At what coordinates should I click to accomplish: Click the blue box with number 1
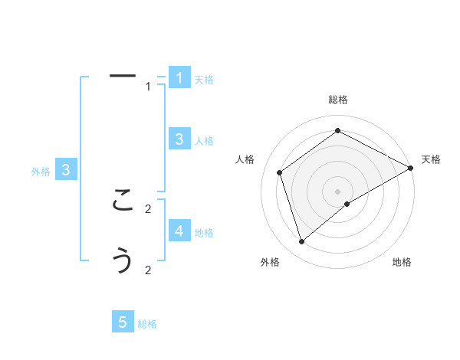pos(179,78)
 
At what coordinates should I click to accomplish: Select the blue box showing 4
pos(179,231)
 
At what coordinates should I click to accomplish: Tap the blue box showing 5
pos(123,322)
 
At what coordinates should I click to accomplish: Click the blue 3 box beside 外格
pos(66,170)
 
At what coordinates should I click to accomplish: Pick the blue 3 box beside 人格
pos(179,139)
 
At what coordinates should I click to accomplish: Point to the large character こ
pos(123,201)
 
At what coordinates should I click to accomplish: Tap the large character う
pos(123,260)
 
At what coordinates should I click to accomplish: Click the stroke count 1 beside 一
pos(148,87)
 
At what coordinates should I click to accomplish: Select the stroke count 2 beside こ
pos(148,208)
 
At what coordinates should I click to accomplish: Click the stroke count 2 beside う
pos(148,270)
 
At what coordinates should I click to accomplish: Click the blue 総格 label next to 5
pos(147,324)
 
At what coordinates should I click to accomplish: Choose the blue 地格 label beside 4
pos(204,232)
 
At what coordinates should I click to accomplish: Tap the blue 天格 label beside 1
pos(204,80)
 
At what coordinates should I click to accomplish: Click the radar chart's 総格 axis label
pos(338,100)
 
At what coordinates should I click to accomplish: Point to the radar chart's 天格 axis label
pos(431,159)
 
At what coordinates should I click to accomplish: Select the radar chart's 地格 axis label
pos(402,262)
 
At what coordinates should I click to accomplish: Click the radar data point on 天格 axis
pos(411,168)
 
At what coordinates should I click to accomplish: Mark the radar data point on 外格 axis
pos(301,242)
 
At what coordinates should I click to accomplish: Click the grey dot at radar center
pos(338,191)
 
